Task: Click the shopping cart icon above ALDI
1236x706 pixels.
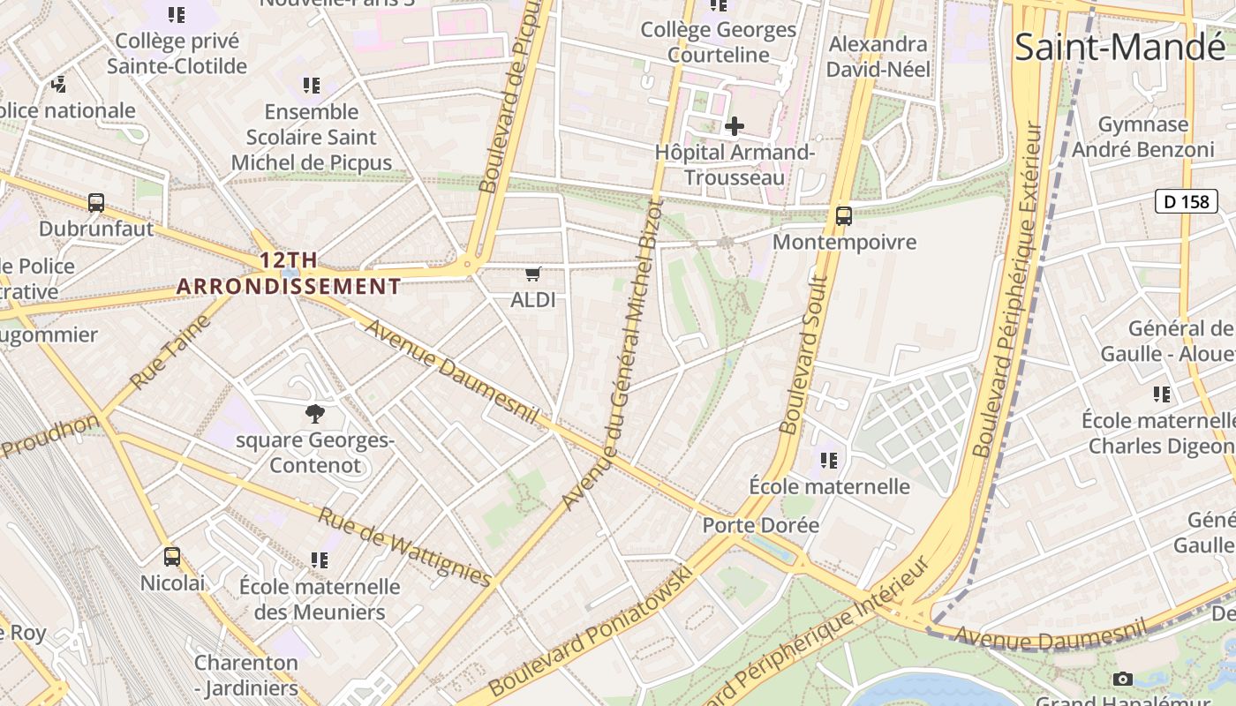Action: (532, 274)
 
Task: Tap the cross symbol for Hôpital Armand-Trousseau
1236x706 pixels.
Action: (734, 126)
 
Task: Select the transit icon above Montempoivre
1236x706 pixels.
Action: (843, 215)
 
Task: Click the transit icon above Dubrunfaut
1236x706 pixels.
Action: (96, 203)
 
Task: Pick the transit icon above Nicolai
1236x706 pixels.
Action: (172, 557)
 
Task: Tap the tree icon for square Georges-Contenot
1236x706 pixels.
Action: (314, 413)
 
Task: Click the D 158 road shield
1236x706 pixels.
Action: (1186, 201)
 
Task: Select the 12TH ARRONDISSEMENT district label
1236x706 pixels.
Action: (289, 274)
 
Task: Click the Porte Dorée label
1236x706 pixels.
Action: (760, 525)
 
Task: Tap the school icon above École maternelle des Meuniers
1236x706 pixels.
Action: (320, 560)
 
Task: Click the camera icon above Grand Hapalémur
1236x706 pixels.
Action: (1122, 679)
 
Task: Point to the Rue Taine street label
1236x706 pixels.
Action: (171, 352)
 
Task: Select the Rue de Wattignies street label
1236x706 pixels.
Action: (404, 546)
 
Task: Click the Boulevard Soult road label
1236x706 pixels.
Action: (803, 355)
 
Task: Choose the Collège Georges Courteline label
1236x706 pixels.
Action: (718, 41)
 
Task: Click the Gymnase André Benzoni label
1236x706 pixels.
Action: (1142, 137)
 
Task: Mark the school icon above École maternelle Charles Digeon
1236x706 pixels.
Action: (1162, 394)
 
